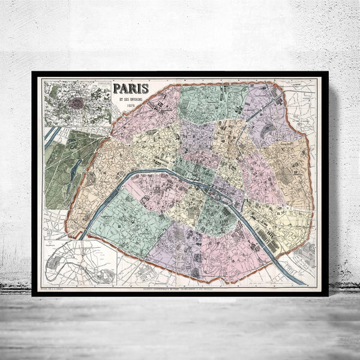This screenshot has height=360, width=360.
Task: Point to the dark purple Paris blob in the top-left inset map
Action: click(76, 103)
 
